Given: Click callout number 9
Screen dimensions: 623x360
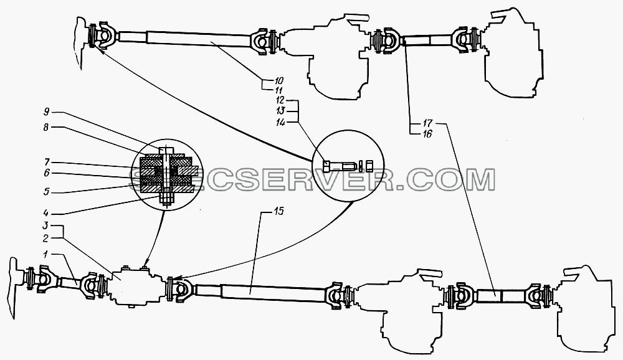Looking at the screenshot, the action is click(x=47, y=111).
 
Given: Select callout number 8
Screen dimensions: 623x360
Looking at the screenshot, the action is click(x=47, y=127).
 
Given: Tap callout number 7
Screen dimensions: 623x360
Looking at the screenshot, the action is click(x=47, y=162).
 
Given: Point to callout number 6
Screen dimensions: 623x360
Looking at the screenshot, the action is click(x=47, y=173).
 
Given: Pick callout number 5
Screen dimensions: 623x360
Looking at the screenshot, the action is click(x=47, y=192).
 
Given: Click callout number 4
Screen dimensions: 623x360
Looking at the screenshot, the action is click(x=47, y=214).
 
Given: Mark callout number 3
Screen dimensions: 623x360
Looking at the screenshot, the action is click(x=45, y=225).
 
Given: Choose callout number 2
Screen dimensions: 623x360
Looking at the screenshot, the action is click(x=45, y=238).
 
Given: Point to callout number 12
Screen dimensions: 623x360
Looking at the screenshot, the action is click(x=280, y=100).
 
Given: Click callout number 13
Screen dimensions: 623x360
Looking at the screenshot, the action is click(x=280, y=111).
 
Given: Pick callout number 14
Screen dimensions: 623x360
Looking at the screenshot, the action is click(x=280, y=123).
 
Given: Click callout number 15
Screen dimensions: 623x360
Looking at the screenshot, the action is click(x=279, y=211).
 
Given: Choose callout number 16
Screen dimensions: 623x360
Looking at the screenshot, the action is click(x=427, y=134).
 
